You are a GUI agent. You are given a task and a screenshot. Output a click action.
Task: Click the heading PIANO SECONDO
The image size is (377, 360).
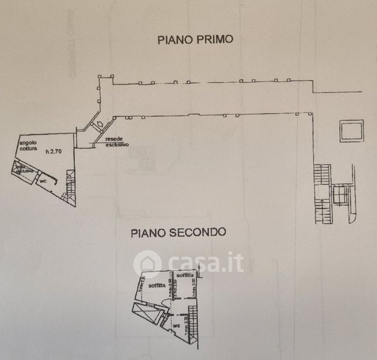(x=179, y=232)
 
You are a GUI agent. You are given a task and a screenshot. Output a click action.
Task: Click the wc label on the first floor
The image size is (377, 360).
(x=44, y=179)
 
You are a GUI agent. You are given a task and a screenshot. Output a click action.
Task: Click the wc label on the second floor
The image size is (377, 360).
(x=176, y=326)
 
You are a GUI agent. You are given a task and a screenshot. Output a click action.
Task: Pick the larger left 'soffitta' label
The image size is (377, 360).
(x=158, y=285)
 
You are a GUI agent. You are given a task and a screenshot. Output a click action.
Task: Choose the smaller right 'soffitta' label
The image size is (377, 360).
(x=185, y=275)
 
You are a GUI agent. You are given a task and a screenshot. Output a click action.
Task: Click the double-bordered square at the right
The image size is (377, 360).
(x=351, y=131)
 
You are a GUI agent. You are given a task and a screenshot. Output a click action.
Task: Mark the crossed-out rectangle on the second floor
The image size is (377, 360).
(x=146, y=312)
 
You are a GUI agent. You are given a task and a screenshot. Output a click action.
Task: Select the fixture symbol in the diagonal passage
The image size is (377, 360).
(x=99, y=124)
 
